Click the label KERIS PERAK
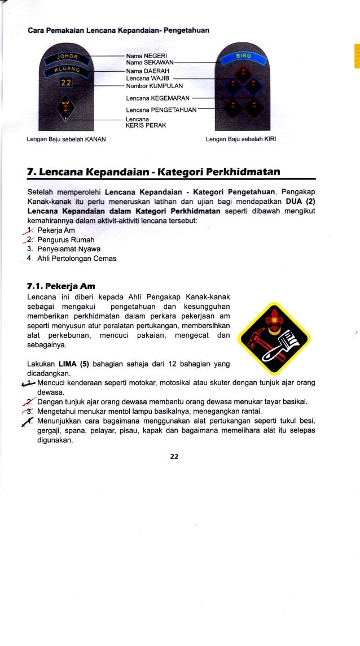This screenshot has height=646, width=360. [x=146, y=125]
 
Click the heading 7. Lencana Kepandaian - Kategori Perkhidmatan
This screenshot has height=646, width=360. [x=152, y=171]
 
